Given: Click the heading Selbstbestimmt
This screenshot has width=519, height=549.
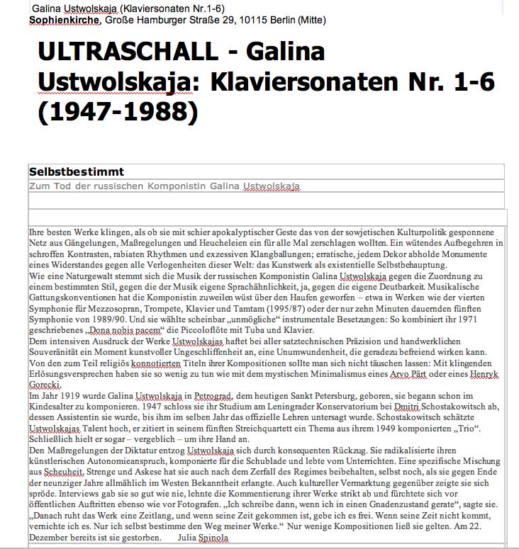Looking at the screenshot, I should coord(77,172).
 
